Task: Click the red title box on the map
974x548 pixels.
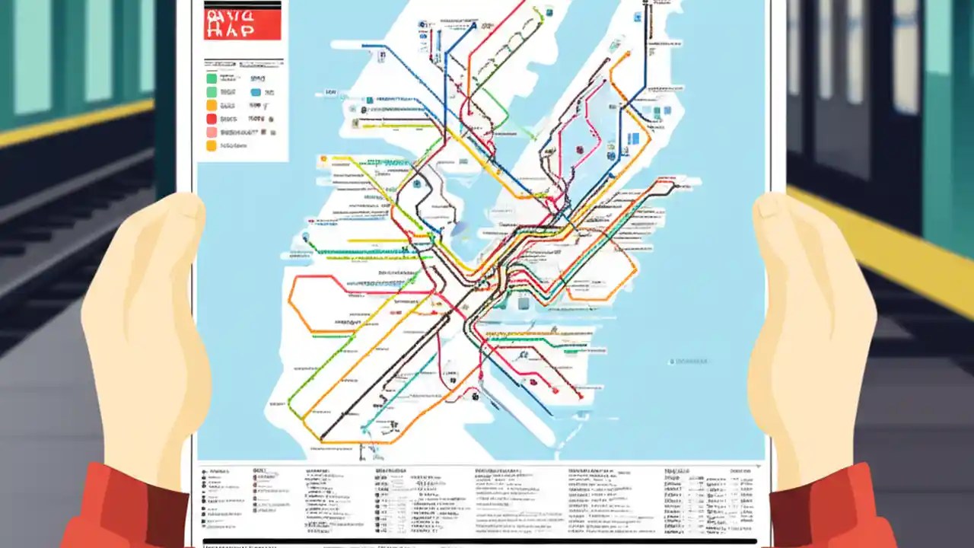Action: pos(242,25)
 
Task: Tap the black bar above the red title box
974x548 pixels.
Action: pos(242,5)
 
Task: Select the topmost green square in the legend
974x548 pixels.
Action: pos(212,78)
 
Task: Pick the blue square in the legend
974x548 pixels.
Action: pos(256,92)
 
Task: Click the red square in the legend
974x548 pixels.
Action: pos(212,119)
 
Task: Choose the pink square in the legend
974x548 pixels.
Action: pos(212,132)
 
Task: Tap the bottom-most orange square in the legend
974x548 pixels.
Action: pos(212,145)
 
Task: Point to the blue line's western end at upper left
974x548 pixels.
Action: pos(363,46)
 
